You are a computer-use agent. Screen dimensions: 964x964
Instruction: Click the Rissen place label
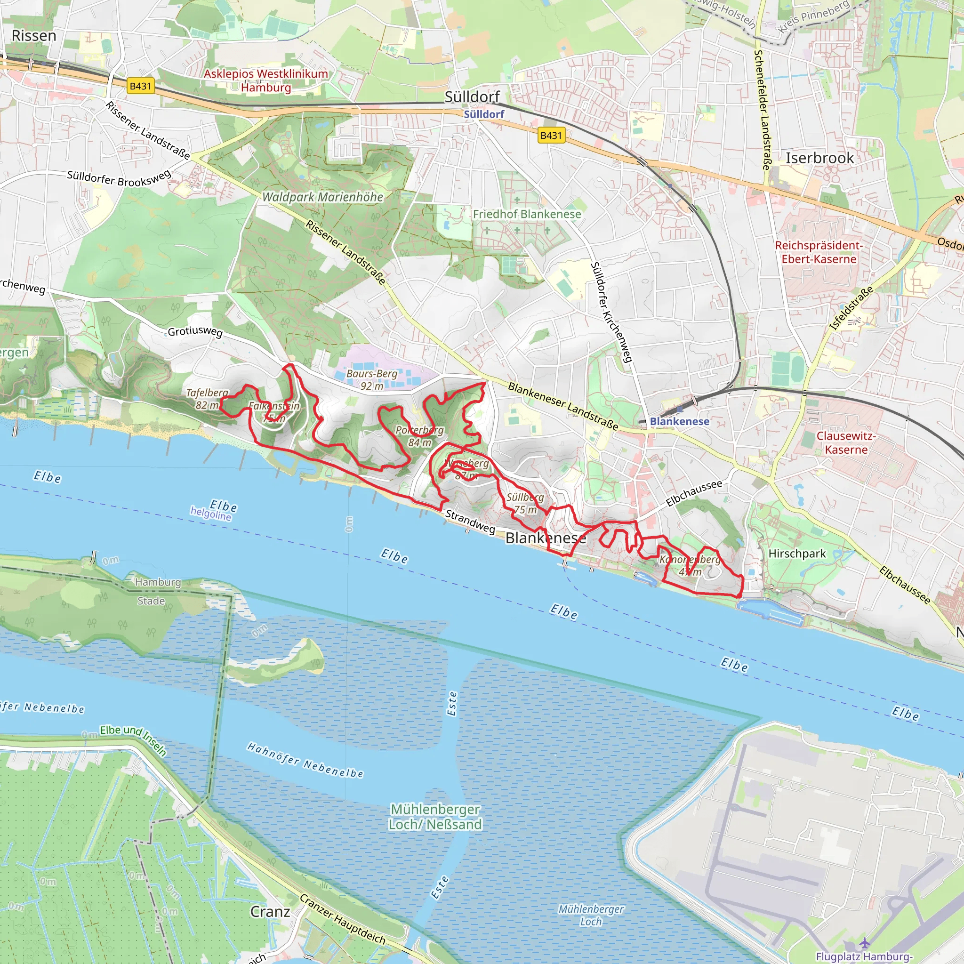(34, 36)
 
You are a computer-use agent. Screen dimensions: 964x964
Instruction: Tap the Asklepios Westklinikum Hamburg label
(266, 80)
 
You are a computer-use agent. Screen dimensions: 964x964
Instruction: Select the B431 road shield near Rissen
(140, 86)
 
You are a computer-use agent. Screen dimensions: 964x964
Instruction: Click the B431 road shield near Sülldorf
(551, 135)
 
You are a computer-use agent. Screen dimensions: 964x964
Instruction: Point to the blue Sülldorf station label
(483, 114)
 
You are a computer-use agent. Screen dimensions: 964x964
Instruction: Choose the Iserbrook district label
(819, 158)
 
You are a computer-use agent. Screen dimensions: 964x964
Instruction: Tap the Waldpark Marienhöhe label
(323, 197)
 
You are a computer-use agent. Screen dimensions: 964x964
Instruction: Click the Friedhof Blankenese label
(527, 214)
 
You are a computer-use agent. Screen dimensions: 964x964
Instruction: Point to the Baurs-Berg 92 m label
(372, 379)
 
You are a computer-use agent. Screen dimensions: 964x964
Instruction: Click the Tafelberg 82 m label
(207, 399)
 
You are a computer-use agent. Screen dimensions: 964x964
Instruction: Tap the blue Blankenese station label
(679, 421)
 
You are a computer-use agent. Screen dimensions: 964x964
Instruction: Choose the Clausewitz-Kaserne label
(846, 442)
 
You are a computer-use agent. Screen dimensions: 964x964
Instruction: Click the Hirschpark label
(797, 554)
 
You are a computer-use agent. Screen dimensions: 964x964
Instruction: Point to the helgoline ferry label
(210, 513)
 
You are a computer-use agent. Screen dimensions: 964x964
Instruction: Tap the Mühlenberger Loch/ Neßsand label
(435, 816)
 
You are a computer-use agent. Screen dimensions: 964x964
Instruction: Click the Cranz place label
(270, 912)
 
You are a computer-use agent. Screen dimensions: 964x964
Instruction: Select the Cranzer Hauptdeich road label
(342, 919)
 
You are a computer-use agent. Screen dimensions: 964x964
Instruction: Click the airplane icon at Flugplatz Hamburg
(864, 943)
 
